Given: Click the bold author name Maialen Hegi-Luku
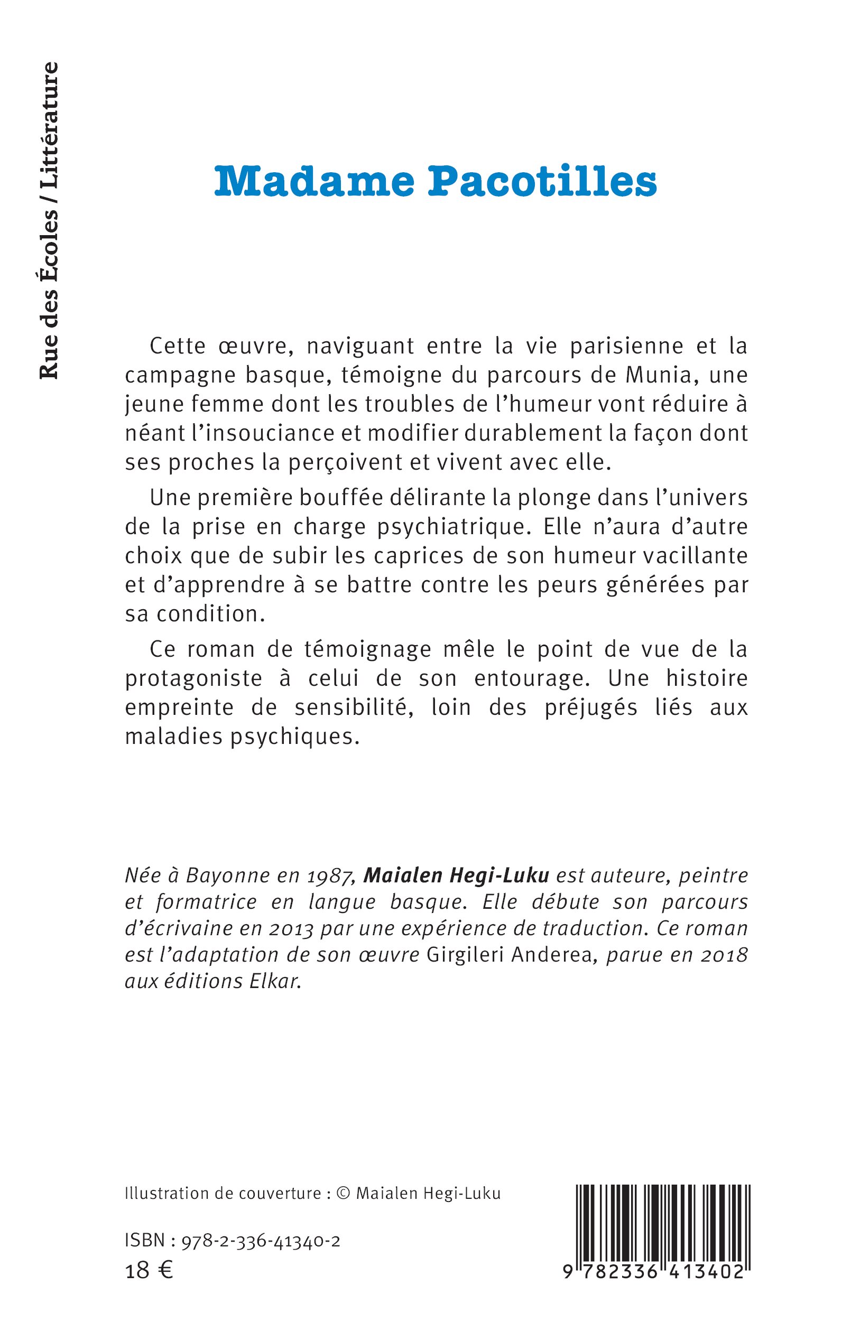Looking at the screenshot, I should coord(456,876).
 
